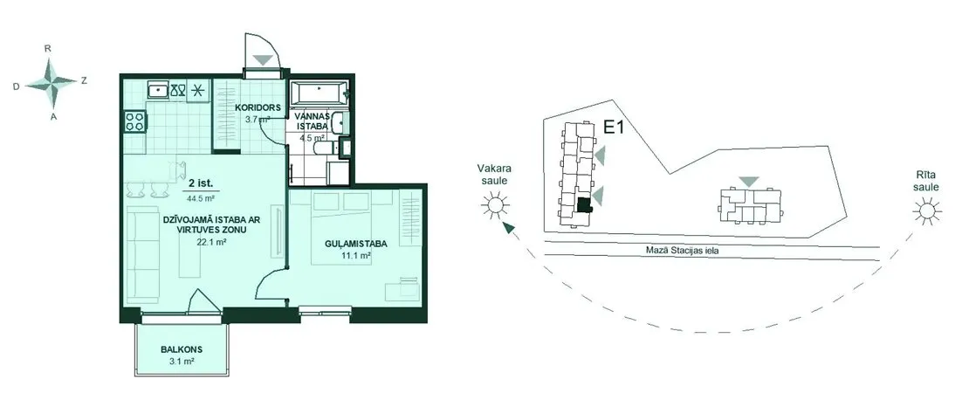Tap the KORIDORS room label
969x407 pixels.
[258, 107]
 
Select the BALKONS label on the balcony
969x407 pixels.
[182, 349]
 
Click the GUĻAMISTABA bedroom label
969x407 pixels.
[356, 244]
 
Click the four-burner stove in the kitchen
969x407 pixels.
[135, 121]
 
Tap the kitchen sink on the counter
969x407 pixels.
[159, 90]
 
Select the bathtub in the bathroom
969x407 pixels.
[320, 93]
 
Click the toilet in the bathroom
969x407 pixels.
[325, 148]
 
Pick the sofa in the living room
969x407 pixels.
[143, 254]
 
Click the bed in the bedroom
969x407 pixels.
[353, 229]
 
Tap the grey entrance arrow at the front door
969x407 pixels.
[264, 60]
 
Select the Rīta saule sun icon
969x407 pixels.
[927, 211]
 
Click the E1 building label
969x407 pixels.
[613, 128]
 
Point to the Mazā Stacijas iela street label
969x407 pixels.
[681, 252]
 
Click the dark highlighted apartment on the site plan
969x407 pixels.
[583, 206]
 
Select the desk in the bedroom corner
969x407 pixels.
[403, 289]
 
